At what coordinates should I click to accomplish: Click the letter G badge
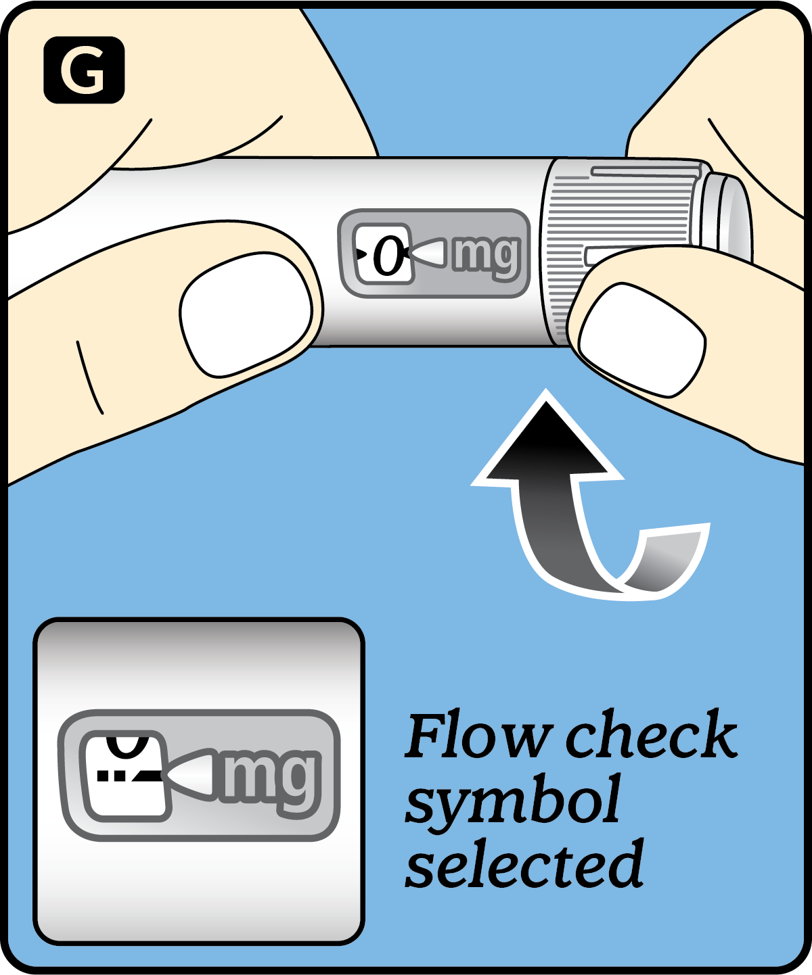(x=84, y=70)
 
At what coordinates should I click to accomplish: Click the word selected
(x=524, y=865)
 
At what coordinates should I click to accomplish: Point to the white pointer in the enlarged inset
(x=193, y=775)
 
